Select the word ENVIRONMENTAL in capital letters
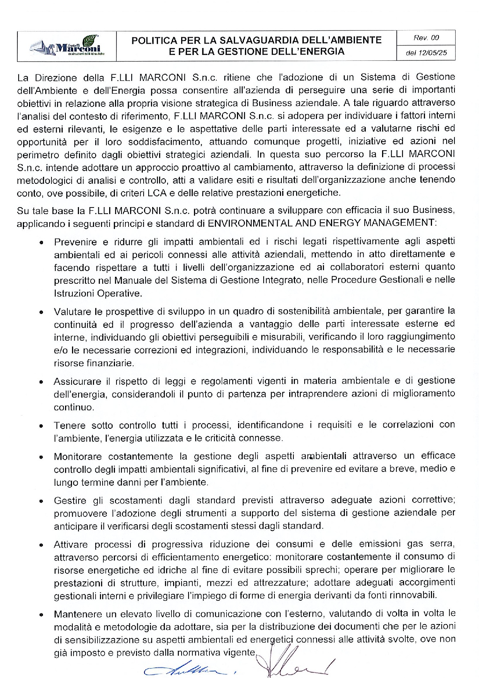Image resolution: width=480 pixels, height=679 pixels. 247,223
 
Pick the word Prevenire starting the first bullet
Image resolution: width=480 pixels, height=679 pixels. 75,242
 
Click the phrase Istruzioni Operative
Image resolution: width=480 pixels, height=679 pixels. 98,293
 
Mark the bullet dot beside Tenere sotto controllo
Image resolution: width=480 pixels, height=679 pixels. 41,426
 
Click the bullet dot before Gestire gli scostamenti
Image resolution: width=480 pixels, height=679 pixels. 41,501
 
